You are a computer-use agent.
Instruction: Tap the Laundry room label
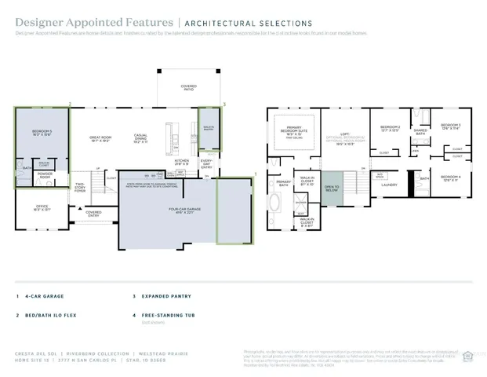tap(388, 185)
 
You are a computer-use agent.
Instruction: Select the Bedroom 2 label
tap(390, 128)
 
